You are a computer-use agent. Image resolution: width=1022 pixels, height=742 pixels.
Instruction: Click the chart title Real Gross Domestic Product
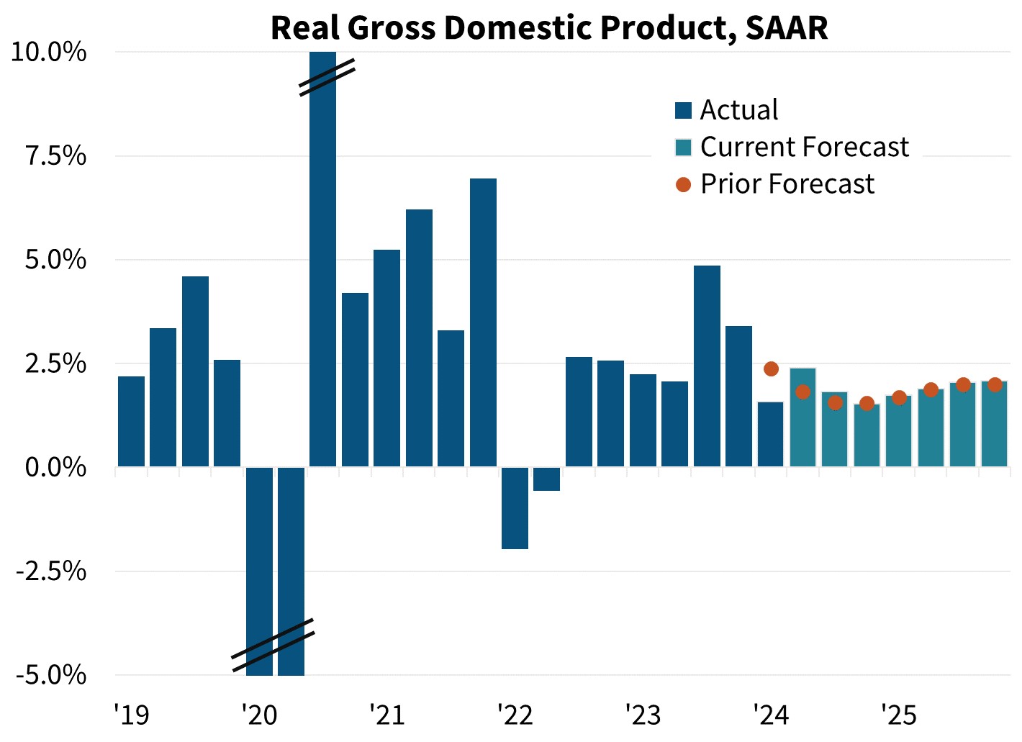click(x=549, y=27)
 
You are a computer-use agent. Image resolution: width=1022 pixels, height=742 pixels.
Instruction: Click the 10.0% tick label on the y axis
click(x=49, y=53)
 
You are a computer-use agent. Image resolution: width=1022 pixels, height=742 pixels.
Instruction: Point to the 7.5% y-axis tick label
click(x=56, y=156)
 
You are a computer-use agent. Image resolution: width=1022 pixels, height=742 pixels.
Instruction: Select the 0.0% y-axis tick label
click(x=56, y=468)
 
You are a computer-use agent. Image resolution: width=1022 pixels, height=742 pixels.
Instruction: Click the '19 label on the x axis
click(x=132, y=715)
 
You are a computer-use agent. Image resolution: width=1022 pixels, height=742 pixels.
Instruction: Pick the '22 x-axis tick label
click(x=515, y=715)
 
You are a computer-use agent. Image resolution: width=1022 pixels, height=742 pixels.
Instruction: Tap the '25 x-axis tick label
click(x=899, y=715)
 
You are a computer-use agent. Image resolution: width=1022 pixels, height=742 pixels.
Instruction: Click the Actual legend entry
click(x=739, y=110)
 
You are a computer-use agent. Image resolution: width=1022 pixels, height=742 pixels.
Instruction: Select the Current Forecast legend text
click(x=805, y=147)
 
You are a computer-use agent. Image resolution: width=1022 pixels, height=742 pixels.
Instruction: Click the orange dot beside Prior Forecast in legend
click(x=683, y=185)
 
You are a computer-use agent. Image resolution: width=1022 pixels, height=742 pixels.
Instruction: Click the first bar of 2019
click(x=132, y=422)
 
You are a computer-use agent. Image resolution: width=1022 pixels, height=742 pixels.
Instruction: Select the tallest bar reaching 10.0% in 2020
click(x=323, y=259)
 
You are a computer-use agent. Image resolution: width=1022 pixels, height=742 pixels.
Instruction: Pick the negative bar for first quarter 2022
click(x=515, y=508)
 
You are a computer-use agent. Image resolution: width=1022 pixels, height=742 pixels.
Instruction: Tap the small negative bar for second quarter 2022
click(x=547, y=479)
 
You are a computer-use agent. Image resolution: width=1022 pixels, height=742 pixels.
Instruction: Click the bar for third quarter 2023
click(x=707, y=366)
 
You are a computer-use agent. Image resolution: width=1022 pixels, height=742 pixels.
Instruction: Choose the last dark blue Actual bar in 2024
click(x=771, y=435)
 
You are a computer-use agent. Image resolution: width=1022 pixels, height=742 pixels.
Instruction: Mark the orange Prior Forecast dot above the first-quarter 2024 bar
click(x=771, y=369)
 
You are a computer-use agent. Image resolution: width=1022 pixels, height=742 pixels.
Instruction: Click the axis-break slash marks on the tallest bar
click(x=327, y=77)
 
